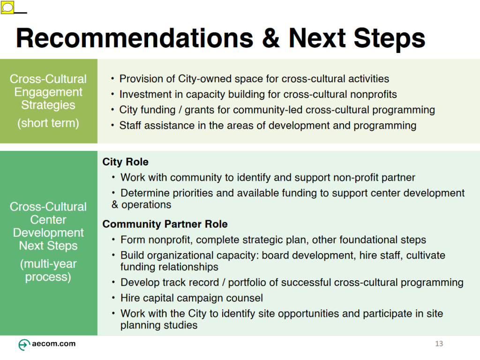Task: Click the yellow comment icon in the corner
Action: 7,7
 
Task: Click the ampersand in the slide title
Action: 270,38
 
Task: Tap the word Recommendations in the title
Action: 135,38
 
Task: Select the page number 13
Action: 439,344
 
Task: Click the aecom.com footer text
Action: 53,344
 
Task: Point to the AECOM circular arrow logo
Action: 24,345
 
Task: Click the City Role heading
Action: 125,162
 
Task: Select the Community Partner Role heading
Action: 165,224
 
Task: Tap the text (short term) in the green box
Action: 48,123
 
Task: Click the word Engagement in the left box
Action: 48,92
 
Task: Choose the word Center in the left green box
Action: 48,219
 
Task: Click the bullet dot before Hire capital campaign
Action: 113,298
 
